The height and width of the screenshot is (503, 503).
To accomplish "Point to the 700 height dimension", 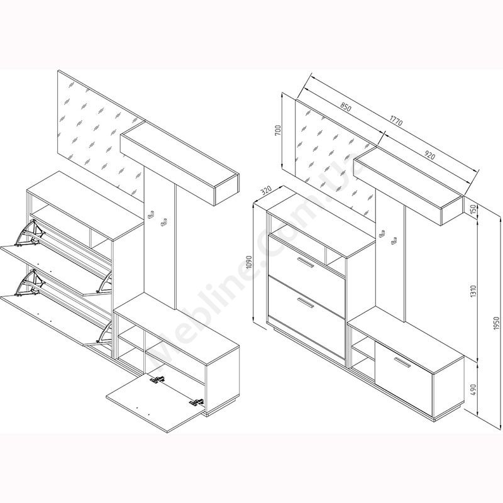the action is [278, 130].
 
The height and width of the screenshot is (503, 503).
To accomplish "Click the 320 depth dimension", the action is [266, 191].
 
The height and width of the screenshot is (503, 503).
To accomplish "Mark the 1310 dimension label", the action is [474, 291].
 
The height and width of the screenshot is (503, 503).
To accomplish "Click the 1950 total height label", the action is [497, 323].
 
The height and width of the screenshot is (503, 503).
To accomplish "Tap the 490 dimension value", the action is [474, 389].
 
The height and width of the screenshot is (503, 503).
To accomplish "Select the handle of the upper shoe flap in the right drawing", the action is [306, 262].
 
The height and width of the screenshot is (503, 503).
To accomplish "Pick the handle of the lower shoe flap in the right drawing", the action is [306, 303].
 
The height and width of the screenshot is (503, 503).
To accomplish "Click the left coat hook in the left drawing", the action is [151, 214].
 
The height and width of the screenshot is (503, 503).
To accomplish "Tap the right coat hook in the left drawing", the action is [164, 222].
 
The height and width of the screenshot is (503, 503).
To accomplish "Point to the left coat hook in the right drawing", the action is [382, 234].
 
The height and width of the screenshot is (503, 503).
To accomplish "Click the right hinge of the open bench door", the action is [196, 402].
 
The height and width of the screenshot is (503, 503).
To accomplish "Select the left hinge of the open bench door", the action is [158, 380].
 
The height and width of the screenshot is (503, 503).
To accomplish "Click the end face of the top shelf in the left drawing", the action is [226, 189].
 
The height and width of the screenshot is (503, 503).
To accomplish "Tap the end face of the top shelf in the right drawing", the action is [452, 211].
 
